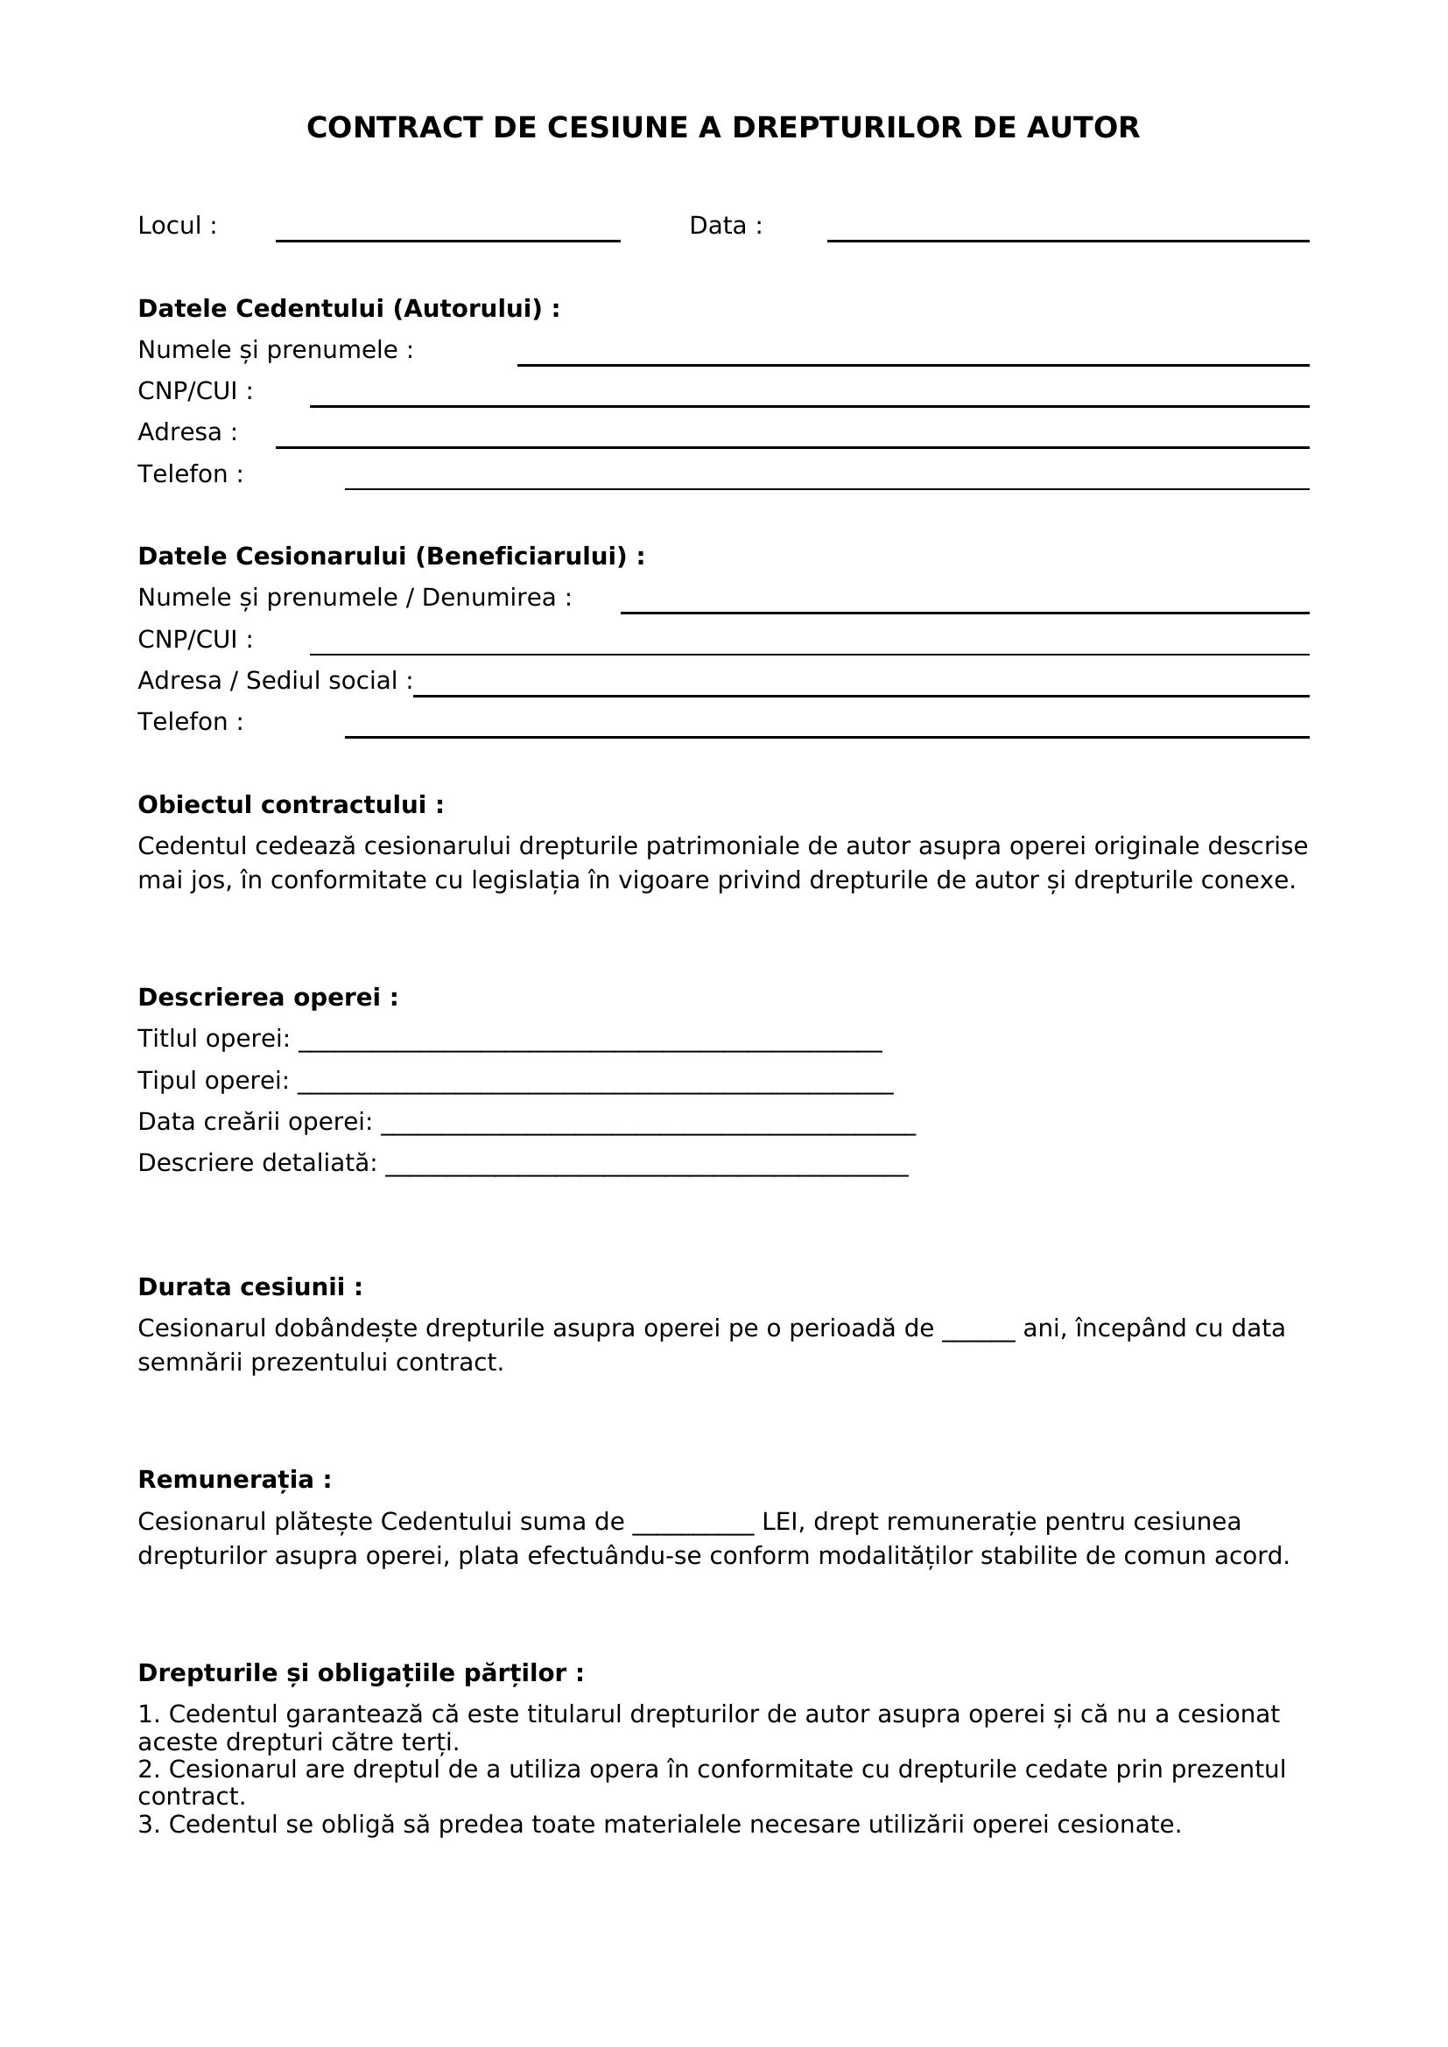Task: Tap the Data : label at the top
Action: click(726, 226)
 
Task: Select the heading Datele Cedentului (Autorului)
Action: click(348, 308)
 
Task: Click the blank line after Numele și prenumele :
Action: click(912, 360)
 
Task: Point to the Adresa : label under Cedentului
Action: click(187, 432)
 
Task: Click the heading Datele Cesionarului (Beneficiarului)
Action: click(390, 557)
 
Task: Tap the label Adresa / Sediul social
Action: click(275, 680)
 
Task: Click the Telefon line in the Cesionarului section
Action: click(826, 732)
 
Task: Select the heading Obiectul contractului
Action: click(291, 805)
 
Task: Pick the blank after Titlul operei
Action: click(589, 1045)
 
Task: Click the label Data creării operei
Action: click(255, 1122)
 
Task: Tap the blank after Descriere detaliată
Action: click(646, 1169)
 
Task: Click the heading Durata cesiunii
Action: click(250, 1287)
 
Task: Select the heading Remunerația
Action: click(235, 1480)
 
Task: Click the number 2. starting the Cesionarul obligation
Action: click(148, 1770)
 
